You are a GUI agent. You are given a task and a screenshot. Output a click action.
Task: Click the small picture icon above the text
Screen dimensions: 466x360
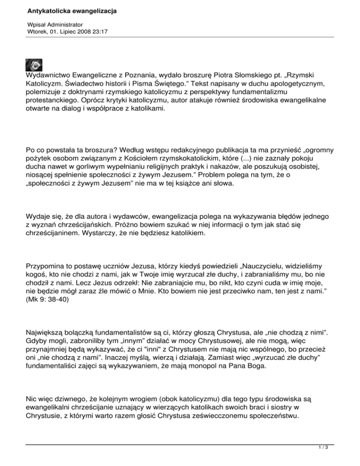pos(34,65)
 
